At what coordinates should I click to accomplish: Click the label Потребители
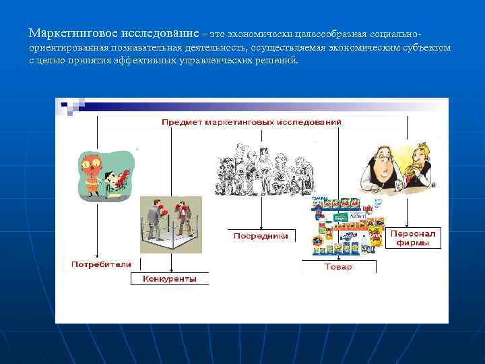point(102,264)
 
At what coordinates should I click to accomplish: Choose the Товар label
point(337,267)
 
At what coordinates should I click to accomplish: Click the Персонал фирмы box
point(413,238)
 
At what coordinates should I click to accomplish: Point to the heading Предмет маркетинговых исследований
point(251,122)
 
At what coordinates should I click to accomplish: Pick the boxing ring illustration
point(170,225)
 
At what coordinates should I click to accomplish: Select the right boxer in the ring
point(184,214)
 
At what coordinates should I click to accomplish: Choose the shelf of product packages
point(348,226)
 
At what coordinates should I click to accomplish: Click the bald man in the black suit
point(380,169)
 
